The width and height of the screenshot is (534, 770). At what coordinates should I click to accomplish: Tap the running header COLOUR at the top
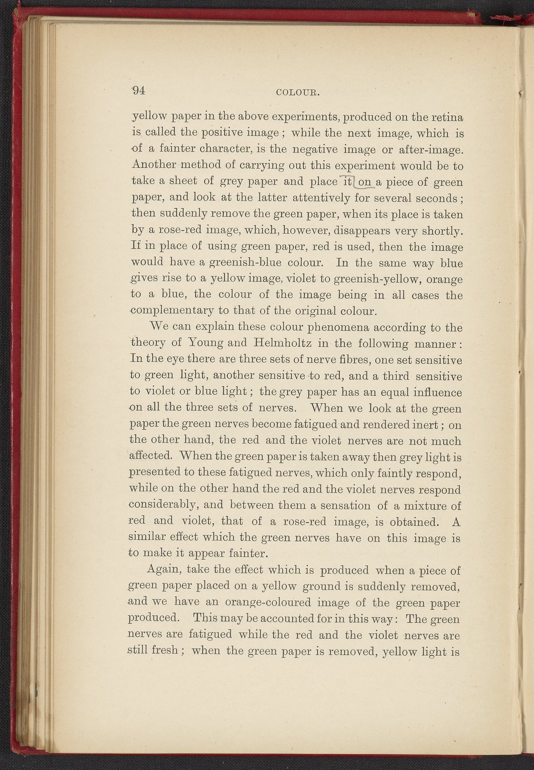point(299,92)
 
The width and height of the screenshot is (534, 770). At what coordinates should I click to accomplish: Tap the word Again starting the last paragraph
point(162,569)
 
